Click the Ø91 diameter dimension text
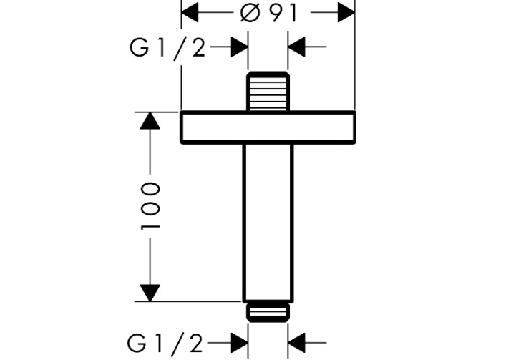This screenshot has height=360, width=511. click(268, 12)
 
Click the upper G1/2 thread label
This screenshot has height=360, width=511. click(167, 48)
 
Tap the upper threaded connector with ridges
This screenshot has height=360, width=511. click(268, 92)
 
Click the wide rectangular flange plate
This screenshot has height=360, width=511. click(268, 128)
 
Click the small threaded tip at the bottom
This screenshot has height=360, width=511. click(268, 312)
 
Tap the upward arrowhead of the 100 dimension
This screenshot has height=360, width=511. click(150, 120)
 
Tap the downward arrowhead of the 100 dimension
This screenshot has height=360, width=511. click(150, 293)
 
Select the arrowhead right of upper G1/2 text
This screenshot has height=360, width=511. click(239, 48)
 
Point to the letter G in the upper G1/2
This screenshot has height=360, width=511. click(139, 48)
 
